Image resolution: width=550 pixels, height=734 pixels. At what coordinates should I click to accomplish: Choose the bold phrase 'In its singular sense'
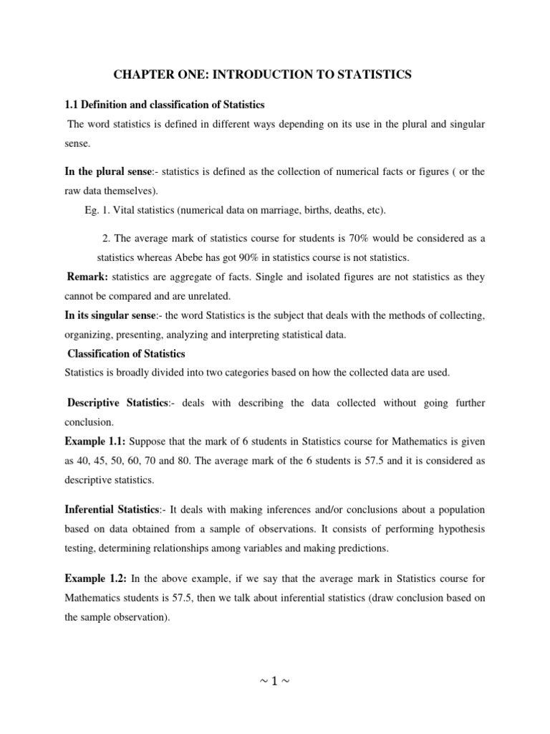pos(113,315)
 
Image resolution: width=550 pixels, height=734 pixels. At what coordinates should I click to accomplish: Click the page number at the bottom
pos(275,681)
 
